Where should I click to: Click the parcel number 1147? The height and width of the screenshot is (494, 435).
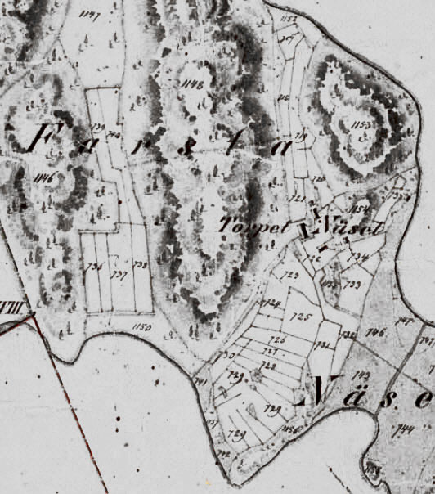[x=90, y=14]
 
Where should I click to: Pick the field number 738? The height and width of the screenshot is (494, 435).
[x=140, y=265]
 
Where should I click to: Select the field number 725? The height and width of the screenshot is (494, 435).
[x=301, y=315]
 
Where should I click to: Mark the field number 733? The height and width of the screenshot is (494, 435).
[x=354, y=285]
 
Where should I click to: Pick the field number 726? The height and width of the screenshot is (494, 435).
[x=278, y=339]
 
